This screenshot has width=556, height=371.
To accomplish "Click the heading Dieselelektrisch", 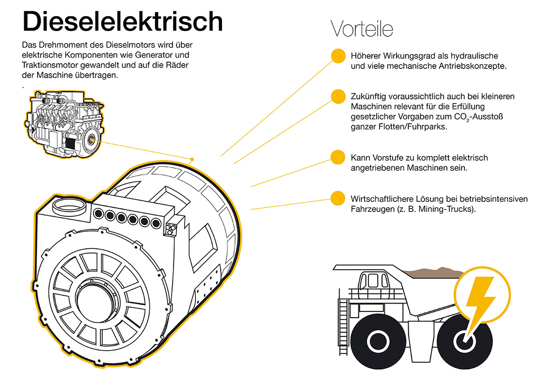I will click(x=123, y=22).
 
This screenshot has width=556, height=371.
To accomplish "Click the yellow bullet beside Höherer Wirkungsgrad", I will click(x=338, y=55).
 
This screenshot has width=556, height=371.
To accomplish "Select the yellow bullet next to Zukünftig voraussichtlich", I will click(x=338, y=96).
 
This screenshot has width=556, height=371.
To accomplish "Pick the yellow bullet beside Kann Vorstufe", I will click(x=338, y=157).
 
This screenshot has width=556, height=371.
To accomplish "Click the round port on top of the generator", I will click(x=68, y=208).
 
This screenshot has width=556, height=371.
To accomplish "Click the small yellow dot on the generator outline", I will click(x=192, y=159).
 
